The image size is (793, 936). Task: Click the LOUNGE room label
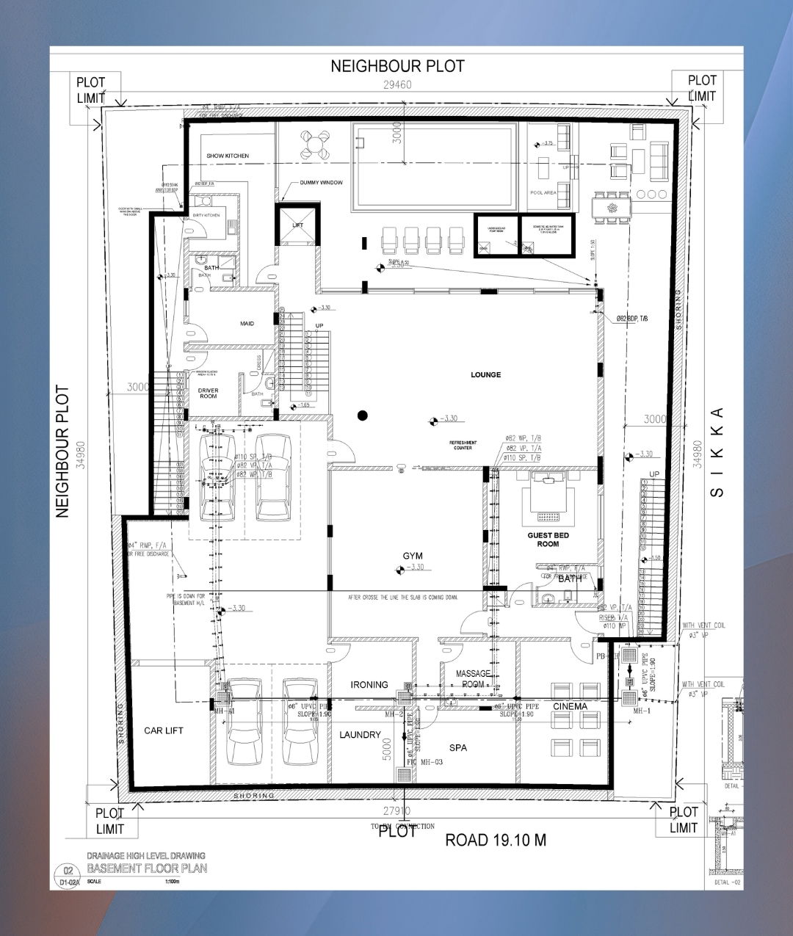485,374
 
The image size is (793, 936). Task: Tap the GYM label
413,556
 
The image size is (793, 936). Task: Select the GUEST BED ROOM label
548,540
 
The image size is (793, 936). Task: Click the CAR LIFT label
164,730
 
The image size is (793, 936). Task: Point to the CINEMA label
570,706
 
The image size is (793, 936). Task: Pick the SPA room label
458,747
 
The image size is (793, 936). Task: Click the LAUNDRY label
360,735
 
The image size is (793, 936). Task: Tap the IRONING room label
369,685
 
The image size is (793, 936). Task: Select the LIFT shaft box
297,225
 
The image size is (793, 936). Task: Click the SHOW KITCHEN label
228,156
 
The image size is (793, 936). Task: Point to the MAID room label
247,323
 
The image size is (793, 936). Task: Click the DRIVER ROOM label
209,393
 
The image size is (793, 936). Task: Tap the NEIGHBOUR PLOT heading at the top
397,66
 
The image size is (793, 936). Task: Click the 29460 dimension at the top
397,84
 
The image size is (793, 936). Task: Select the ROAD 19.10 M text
496,840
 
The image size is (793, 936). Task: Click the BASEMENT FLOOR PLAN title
147,868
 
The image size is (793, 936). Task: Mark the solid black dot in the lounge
362,416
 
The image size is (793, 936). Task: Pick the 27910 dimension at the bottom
396,811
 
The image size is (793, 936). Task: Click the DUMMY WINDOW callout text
321,182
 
